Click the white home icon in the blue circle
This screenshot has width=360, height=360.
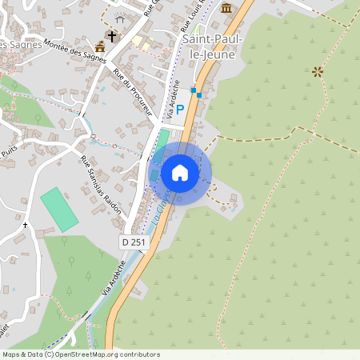tap(180, 173)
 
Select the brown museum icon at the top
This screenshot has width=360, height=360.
tap(227, 8)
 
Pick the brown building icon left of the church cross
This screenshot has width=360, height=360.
tap(99, 47)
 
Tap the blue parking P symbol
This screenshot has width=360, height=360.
tap(180, 109)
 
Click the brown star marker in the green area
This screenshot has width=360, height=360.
tap(318, 72)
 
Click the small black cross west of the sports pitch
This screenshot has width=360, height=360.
tap(25, 226)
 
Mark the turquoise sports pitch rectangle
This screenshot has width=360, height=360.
tap(60, 210)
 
